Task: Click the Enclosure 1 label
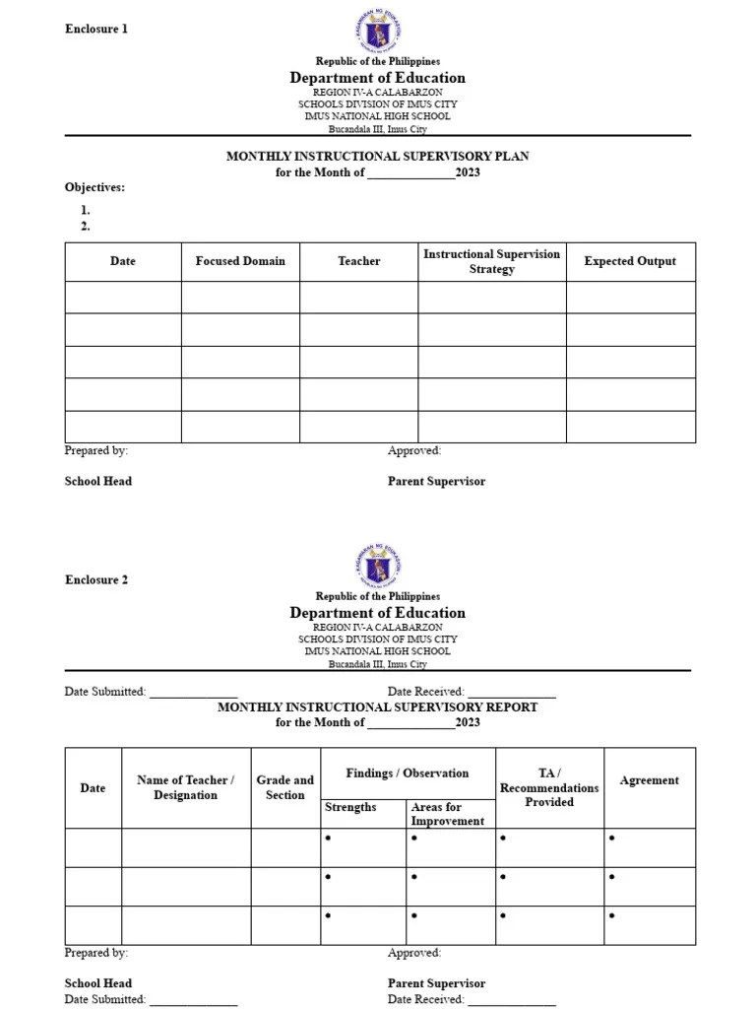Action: click(96, 29)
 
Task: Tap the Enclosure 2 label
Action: click(96, 579)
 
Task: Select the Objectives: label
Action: click(94, 187)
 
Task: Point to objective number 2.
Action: click(86, 226)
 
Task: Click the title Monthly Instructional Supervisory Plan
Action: click(378, 156)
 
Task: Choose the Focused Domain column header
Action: click(240, 261)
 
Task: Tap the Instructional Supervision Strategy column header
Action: click(491, 261)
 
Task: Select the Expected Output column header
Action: click(630, 261)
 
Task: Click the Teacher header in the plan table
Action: click(358, 261)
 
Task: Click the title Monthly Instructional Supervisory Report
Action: click(378, 706)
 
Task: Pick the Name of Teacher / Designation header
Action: click(185, 787)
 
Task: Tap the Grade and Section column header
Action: click(285, 787)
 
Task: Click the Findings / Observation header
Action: click(408, 774)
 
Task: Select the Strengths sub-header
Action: click(350, 807)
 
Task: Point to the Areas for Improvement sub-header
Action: click(447, 814)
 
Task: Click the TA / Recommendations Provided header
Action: click(549, 787)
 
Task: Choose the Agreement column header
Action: click(649, 780)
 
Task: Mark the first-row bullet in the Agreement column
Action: click(612, 839)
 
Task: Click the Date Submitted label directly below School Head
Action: click(105, 999)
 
